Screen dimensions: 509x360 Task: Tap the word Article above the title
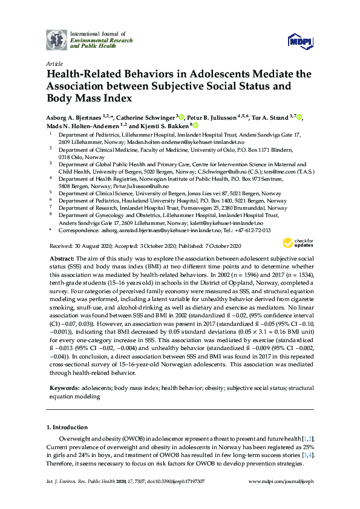point(53,63)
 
